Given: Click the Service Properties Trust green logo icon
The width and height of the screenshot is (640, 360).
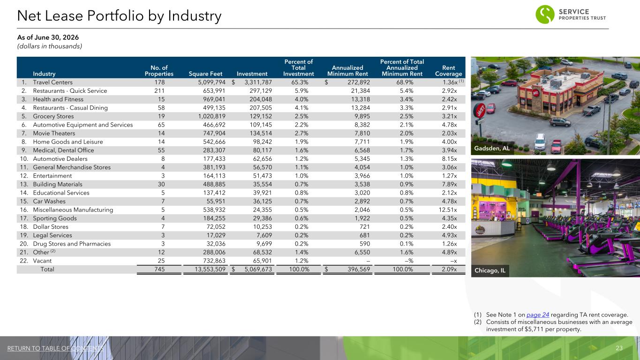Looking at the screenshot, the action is [x=545, y=14].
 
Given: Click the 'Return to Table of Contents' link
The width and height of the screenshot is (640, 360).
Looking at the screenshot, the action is [x=55, y=348].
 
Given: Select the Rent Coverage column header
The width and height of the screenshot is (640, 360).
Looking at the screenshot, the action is [x=449, y=71].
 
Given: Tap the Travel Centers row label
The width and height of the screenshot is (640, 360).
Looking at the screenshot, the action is [x=53, y=82].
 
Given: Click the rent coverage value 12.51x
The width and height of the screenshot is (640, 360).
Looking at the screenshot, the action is [x=448, y=210].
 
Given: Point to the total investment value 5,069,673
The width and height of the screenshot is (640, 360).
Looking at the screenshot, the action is [x=258, y=269].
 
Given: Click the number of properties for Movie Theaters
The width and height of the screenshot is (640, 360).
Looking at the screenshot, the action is [x=161, y=133].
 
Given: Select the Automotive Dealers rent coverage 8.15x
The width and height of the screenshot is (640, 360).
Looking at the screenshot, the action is [x=450, y=159].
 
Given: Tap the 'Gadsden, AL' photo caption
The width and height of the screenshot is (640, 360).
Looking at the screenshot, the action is [x=492, y=148].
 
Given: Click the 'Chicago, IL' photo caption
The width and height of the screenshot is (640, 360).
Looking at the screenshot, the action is [x=490, y=270].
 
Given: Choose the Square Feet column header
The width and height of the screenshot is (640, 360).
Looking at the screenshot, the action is [x=205, y=74].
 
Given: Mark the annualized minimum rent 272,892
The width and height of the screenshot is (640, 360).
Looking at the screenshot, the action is [x=359, y=82].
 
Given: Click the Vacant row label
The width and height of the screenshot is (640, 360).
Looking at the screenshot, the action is [x=42, y=261].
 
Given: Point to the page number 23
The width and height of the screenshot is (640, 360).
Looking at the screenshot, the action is [x=619, y=348].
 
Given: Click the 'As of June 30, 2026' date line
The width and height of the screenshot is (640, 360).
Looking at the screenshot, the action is [x=48, y=37].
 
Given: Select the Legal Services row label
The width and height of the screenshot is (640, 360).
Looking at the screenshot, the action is [x=53, y=235].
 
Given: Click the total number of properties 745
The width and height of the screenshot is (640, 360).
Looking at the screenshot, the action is [x=159, y=269].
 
